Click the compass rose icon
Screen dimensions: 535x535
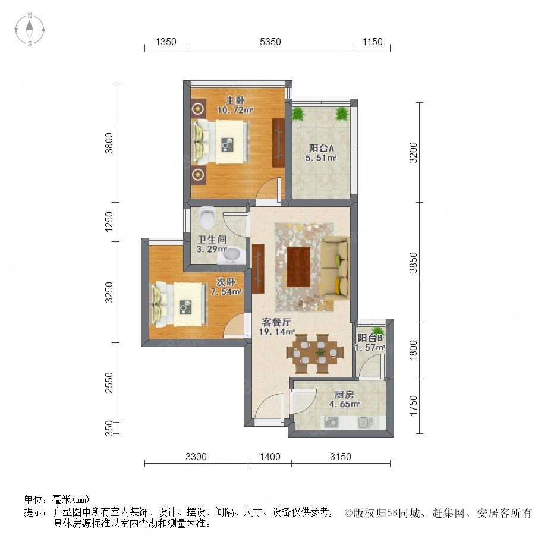[x=30, y=30]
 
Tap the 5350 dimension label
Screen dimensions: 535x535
[x=270, y=42]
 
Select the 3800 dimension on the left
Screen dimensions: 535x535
[x=109, y=143]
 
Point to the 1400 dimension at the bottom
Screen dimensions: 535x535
[x=270, y=457]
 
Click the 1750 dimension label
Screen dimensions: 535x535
[x=413, y=405]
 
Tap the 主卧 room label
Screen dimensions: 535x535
[x=235, y=100]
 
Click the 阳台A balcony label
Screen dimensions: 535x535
[x=321, y=148]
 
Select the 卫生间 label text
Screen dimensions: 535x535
[x=212, y=240]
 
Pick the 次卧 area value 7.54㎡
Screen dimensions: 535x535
[x=226, y=292]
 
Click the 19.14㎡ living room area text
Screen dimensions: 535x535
[x=276, y=331]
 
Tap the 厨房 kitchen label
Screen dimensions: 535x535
[x=344, y=395]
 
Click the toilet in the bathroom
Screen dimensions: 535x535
[x=207, y=218]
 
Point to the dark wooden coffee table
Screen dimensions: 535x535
[x=298, y=267]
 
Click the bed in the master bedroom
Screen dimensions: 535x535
[x=221, y=141]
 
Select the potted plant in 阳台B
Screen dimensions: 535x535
[x=377, y=331]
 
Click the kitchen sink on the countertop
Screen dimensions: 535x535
[x=366, y=423]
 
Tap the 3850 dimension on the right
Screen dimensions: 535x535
[x=413, y=262]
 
